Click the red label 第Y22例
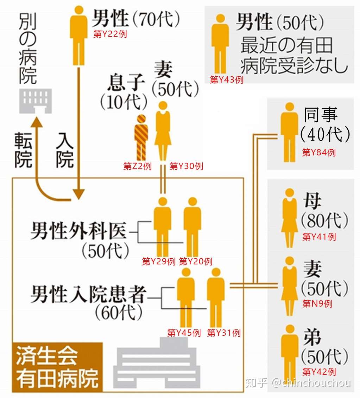109,34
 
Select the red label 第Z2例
137,166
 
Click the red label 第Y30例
186,166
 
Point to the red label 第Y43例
227,80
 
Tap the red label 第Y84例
319,153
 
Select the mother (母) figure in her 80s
289,218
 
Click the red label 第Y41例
319,237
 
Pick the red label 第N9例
317,303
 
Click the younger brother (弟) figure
289,353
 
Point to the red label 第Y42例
319,372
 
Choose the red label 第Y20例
195,262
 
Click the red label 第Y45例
184,333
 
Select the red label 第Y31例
224,333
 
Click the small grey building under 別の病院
36,101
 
